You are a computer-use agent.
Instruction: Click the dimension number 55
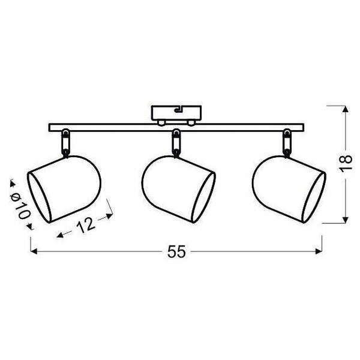point(176,251)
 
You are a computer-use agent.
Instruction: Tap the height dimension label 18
point(345,163)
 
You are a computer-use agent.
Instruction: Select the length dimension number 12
point(85,225)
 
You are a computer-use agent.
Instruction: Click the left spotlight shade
point(64,189)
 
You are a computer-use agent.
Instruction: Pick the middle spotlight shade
point(179,189)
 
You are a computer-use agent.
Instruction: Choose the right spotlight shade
point(289,189)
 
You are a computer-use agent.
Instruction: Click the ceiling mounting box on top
point(176,113)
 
